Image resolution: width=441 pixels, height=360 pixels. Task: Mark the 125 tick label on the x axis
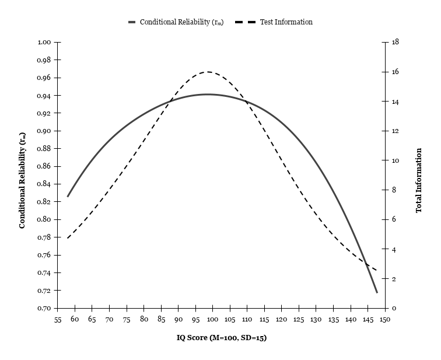(x=299, y=320)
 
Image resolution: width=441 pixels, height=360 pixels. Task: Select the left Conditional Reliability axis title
(x=22, y=181)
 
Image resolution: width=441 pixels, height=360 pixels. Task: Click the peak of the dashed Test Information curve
(x=208, y=72)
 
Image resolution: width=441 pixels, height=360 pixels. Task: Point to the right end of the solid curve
(x=377, y=292)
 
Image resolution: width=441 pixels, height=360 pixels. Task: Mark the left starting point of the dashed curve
(x=67, y=238)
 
